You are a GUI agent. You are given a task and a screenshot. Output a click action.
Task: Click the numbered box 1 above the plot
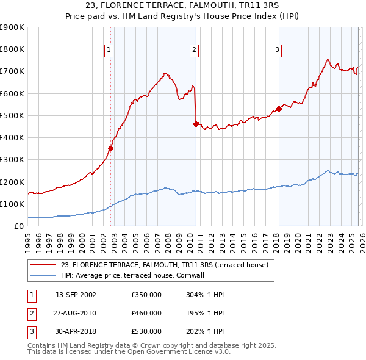(x=109, y=50)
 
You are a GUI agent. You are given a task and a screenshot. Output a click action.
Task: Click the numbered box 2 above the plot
(x=194, y=50)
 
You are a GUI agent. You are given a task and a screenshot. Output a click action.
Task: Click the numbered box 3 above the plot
(x=277, y=50)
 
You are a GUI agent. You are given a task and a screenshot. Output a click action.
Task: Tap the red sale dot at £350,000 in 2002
(x=111, y=148)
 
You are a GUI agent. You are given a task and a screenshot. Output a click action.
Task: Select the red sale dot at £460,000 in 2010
(x=196, y=124)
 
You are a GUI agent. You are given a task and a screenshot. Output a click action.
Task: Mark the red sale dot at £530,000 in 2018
(x=279, y=109)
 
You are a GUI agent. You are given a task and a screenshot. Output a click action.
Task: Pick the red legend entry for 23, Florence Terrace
(x=151, y=264)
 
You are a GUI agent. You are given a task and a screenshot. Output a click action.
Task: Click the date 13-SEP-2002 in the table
(x=76, y=295)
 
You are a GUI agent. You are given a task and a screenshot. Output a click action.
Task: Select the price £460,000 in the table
(x=146, y=313)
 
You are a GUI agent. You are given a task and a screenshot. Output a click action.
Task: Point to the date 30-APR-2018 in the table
(x=76, y=331)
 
